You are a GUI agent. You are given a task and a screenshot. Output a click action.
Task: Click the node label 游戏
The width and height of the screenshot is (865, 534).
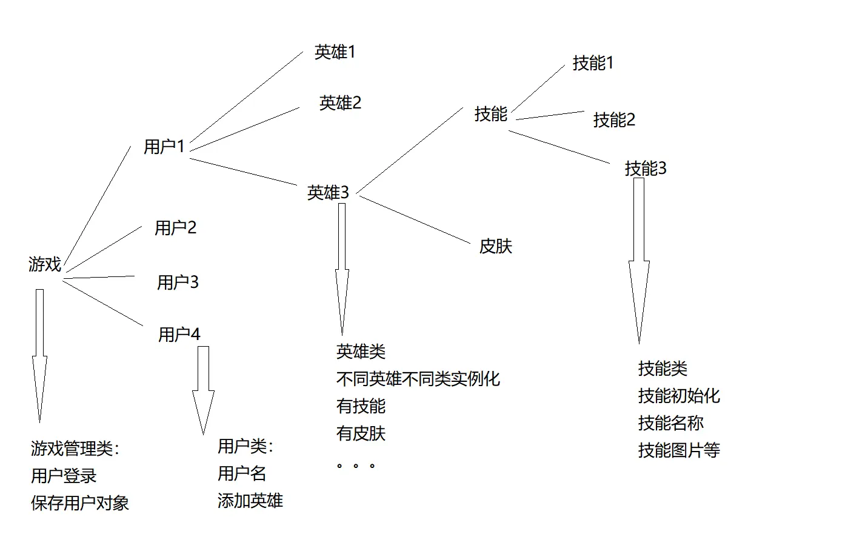tap(45, 264)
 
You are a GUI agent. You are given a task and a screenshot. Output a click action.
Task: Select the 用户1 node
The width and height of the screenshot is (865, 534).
tap(164, 147)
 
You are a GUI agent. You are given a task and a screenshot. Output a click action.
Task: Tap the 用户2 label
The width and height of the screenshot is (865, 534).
tap(175, 228)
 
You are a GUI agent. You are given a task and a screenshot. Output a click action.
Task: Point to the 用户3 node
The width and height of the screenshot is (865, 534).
tap(178, 282)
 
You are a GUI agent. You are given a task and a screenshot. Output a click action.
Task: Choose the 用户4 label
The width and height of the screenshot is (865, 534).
tap(179, 335)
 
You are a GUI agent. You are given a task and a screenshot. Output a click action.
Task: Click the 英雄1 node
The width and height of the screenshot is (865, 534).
tap(335, 52)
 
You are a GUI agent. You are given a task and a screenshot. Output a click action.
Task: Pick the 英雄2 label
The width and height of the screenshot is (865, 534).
tap(340, 103)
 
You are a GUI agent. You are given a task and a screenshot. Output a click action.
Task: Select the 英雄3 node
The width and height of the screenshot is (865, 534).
tap(328, 193)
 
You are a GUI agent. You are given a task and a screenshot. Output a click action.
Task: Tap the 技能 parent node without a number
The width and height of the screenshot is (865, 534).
tap(490, 114)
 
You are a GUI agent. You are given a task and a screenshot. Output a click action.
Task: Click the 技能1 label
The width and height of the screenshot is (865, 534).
tap(593, 63)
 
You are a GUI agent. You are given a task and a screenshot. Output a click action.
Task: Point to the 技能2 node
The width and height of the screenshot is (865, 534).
tap(614, 120)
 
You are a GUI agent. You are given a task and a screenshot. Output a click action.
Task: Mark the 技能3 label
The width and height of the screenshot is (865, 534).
tap(646, 169)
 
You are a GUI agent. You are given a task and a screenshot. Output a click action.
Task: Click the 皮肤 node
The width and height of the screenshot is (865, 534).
tap(495, 247)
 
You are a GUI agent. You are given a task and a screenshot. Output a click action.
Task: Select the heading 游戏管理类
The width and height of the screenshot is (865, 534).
tap(75, 449)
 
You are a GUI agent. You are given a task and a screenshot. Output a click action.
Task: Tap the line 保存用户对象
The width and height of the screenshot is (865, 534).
tap(80, 503)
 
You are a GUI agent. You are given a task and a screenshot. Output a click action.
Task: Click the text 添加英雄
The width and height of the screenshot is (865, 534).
tap(250, 501)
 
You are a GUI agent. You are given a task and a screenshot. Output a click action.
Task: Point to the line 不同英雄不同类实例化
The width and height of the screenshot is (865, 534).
tap(418, 379)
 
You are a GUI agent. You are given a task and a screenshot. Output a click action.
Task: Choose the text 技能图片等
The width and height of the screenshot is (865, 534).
tap(679, 450)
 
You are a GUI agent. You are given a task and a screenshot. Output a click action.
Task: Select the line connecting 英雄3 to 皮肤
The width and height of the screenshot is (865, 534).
tap(415, 219)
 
